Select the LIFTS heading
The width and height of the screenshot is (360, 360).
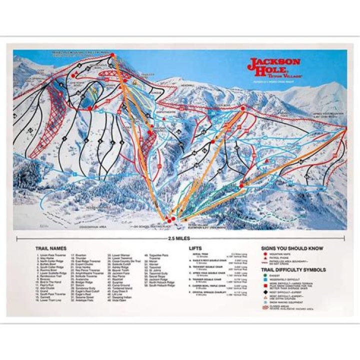click(195, 248)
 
